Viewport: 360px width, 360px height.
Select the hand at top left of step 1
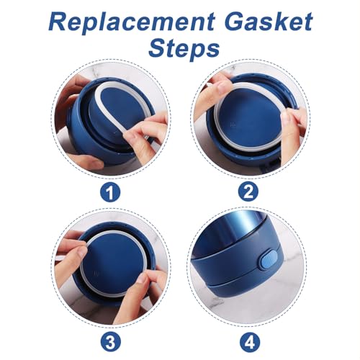coord(72,97)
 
